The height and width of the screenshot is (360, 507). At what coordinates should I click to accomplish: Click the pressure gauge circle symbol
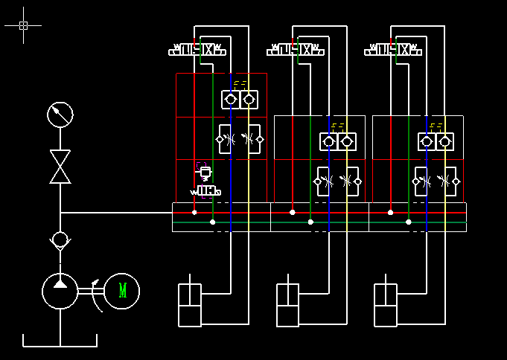click(x=60, y=115)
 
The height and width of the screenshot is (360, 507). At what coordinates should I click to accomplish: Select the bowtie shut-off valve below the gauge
click(x=60, y=167)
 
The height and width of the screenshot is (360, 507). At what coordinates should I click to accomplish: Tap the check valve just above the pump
click(x=60, y=240)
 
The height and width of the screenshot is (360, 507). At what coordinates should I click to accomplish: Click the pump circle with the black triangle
click(x=60, y=290)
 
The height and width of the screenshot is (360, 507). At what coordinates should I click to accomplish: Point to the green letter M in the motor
click(x=122, y=290)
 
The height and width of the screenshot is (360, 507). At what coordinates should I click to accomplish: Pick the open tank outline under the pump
click(x=60, y=341)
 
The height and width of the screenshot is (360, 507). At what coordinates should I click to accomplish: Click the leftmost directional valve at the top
click(x=198, y=50)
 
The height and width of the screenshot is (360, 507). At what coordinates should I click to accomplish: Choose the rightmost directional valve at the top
click(x=394, y=50)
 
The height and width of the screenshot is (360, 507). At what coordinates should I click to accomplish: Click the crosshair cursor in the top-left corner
click(x=23, y=25)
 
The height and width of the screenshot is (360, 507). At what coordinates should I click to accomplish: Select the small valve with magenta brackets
click(x=205, y=181)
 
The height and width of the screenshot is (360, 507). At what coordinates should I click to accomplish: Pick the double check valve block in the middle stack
click(x=338, y=141)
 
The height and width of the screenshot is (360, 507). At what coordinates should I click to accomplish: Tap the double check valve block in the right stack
click(x=436, y=141)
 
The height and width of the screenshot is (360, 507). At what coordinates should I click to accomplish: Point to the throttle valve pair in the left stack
click(x=240, y=139)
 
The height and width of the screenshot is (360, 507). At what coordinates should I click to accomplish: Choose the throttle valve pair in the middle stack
click(x=338, y=181)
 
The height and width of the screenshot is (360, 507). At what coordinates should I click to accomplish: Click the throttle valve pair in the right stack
click(x=436, y=181)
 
